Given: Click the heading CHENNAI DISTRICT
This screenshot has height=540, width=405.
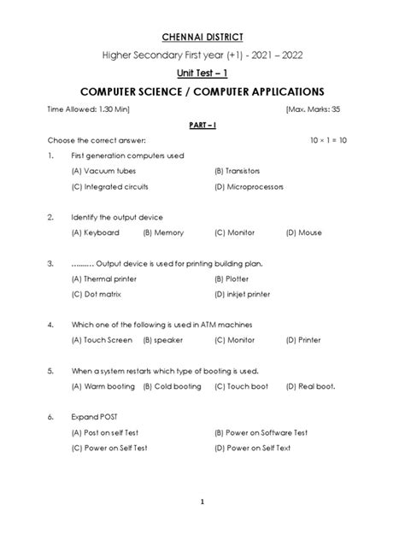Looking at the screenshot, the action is pyautogui.click(x=202, y=37).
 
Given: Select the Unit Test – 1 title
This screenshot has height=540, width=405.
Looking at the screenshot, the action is pyautogui.click(x=202, y=73).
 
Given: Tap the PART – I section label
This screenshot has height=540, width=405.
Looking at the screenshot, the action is pyautogui.click(x=202, y=124).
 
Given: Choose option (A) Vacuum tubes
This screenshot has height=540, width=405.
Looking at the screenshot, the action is pyautogui.click(x=104, y=171).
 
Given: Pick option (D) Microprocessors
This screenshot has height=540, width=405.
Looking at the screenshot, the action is pyautogui.click(x=251, y=185).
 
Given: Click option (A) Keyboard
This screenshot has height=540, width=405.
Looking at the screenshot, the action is pyautogui.click(x=96, y=232).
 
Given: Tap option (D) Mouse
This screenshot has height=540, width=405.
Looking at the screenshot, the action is pyautogui.click(x=303, y=232).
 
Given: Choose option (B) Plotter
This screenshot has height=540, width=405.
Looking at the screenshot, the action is pyautogui.click(x=233, y=279).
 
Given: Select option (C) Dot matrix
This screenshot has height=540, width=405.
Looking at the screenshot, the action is pyautogui.click(x=97, y=293).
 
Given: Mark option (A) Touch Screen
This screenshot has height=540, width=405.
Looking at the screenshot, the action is pyautogui.click(x=102, y=339).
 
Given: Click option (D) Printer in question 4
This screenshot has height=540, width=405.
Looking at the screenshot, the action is pyautogui.click(x=304, y=339).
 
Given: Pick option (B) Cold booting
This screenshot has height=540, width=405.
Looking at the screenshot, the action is pyautogui.click(x=173, y=386).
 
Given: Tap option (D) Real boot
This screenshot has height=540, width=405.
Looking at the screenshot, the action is pyautogui.click(x=311, y=386).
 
